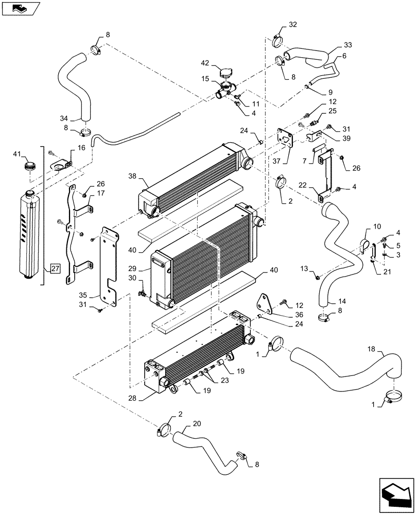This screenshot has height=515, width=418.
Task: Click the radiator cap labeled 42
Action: point(226,73)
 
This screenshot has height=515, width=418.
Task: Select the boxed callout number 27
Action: point(55,268)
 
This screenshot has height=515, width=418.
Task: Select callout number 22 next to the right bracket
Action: point(303,184)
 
